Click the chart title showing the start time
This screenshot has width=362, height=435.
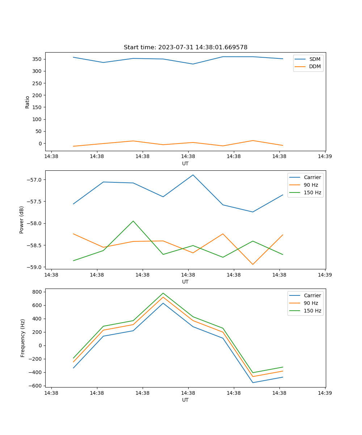point(185,47)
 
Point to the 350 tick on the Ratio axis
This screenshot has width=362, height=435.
point(38,59)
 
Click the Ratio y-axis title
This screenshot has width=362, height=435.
point(28,102)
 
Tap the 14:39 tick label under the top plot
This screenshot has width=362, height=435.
point(325,157)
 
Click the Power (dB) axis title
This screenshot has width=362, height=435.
point(22,220)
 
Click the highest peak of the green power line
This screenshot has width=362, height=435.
point(133,221)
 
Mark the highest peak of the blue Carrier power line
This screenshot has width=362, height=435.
point(193,175)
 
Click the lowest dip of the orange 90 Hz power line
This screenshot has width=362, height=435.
point(253,264)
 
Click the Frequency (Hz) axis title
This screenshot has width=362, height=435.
point(23,338)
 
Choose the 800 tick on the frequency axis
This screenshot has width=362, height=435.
point(38,292)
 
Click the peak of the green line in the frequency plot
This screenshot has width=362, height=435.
point(163,293)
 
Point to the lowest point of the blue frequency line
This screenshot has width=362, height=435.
point(253,382)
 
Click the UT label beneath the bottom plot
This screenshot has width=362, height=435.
point(185,400)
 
